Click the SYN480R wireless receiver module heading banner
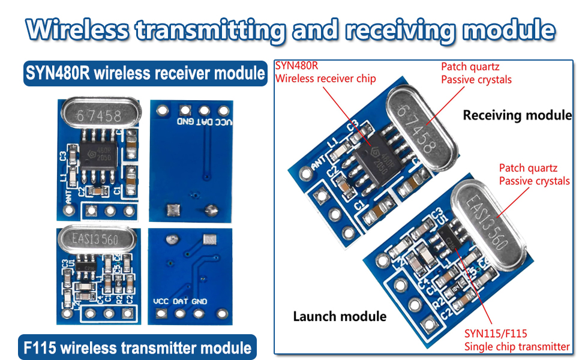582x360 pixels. [x=145, y=73]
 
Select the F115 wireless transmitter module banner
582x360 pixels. [x=137, y=347]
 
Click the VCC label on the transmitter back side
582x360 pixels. [x=161, y=301]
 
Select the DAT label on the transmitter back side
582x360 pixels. [x=181, y=301]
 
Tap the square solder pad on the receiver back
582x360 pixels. [x=173, y=209]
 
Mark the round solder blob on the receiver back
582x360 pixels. [x=211, y=210]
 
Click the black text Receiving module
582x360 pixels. [x=517, y=115]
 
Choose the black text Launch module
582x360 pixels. [x=339, y=316]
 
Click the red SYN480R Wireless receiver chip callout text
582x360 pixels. [x=325, y=72]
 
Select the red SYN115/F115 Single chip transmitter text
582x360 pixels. [x=517, y=340]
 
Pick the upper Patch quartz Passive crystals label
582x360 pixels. [x=476, y=73]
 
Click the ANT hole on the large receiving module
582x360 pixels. [x=307, y=175]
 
